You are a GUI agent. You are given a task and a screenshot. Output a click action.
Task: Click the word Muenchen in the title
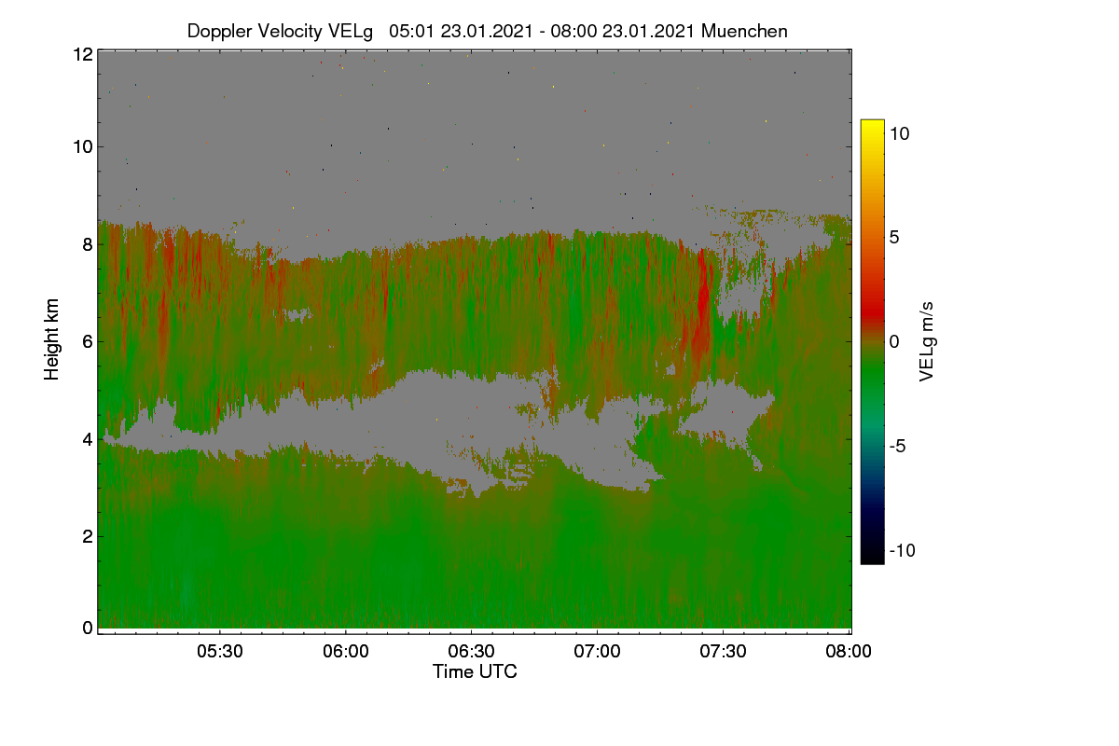pyautogui.click(x=744, y=32)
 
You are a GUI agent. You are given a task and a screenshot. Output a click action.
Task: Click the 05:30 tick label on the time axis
pyautogui.click(x=220, y=651)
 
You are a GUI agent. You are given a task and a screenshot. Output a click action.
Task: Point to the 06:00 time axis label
pyautogui.click(x=346, y=651)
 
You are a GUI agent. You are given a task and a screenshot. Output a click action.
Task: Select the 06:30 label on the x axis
pyautogui.click(x=471, y=651)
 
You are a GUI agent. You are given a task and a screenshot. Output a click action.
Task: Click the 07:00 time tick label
pyautogui.click(x=597, y=651)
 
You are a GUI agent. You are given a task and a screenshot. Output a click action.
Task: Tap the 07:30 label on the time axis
pyautogui.click(x=723, y=651)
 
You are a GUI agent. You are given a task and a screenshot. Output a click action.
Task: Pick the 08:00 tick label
pyautogui.click(x=849, y=651)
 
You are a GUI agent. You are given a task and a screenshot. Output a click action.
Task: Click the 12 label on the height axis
pyautogui.click(x=83, y=54)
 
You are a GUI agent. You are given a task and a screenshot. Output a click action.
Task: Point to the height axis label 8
pyautogui.click(x=88, y=245)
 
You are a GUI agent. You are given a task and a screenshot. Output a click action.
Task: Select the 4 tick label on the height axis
pyautogui.click(x=88, y=440)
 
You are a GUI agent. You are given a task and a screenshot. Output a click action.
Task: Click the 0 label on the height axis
pyautogui.click(x=88, y=628)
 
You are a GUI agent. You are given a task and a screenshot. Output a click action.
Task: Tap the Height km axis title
pyautogui.click(x=51, y=339)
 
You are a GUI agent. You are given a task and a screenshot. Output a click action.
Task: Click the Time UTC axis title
pyautogui.click(x=475, y=671)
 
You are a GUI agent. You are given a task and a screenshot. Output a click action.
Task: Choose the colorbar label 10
pyautogui.click(x=900, y=134)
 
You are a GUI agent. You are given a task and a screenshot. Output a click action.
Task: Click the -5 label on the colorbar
pyautogui.click(x=897, y=446)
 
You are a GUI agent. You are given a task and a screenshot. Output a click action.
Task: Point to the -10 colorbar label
pyautogui.click(x=903, y=550)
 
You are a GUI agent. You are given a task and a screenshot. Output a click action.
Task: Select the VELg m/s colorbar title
pyautogui.click(x=927, y=342)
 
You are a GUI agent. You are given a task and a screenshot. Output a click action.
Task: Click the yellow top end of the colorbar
pyautogui.click(x=872, y=122)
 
